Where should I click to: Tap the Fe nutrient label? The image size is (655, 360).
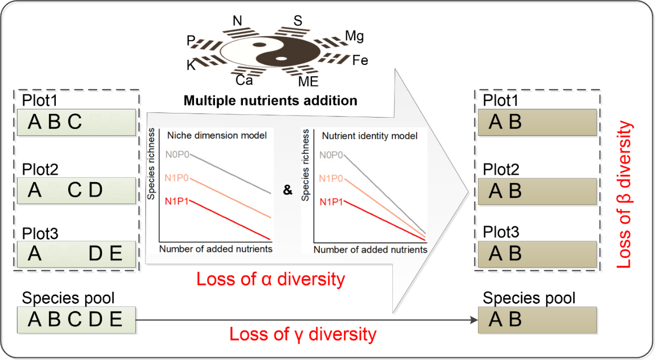(359, 60)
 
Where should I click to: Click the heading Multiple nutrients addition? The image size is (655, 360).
(270, 100)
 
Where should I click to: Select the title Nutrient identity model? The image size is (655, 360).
(370, 137)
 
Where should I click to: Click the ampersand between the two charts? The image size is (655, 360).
(288, 190)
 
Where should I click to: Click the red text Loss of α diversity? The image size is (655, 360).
(270, 279)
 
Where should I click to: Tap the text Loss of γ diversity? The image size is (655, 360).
(303, 334)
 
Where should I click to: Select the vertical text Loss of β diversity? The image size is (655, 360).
(625, 194)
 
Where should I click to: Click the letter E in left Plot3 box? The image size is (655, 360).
(116, 253)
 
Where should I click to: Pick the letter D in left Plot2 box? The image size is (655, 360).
(95, 190)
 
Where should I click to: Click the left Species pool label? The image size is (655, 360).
(68, 298)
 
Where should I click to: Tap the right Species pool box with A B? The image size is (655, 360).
(537, 320)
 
